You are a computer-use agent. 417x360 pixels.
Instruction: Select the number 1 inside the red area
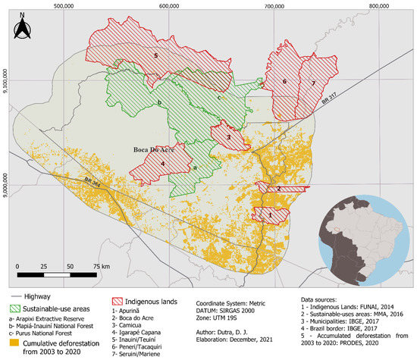[270, 215]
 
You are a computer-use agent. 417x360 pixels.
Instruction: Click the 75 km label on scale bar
[101, 268]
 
